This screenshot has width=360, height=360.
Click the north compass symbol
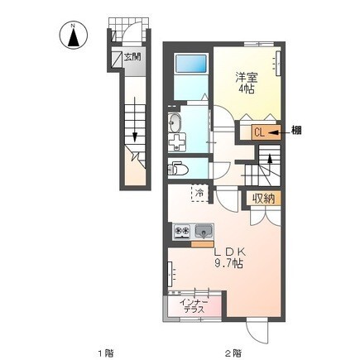[74, 35]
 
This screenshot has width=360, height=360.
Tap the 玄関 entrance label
[132, 57]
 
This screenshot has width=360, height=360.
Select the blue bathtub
[191, 64]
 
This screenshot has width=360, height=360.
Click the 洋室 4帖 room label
[247, 83]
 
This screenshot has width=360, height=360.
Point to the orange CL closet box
[266, 132]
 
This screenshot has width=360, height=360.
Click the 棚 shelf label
[296, 130]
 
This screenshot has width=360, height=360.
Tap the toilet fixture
[178, 169]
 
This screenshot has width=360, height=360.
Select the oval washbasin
[175, 122]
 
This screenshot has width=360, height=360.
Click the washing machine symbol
[177, 142]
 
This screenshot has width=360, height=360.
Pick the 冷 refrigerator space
[199, 193]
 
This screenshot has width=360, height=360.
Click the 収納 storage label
[264, 199]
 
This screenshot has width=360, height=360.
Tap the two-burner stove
[182, 232]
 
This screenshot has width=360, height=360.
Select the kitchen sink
[204, 231]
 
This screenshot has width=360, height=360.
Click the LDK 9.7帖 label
[229, 258]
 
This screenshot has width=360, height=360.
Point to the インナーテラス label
[194, 305]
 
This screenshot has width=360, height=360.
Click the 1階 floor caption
[106, 352]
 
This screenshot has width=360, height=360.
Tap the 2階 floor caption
[234, 352]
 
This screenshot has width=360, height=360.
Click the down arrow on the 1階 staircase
[135, 119]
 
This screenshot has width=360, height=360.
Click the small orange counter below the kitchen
[203, 244]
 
